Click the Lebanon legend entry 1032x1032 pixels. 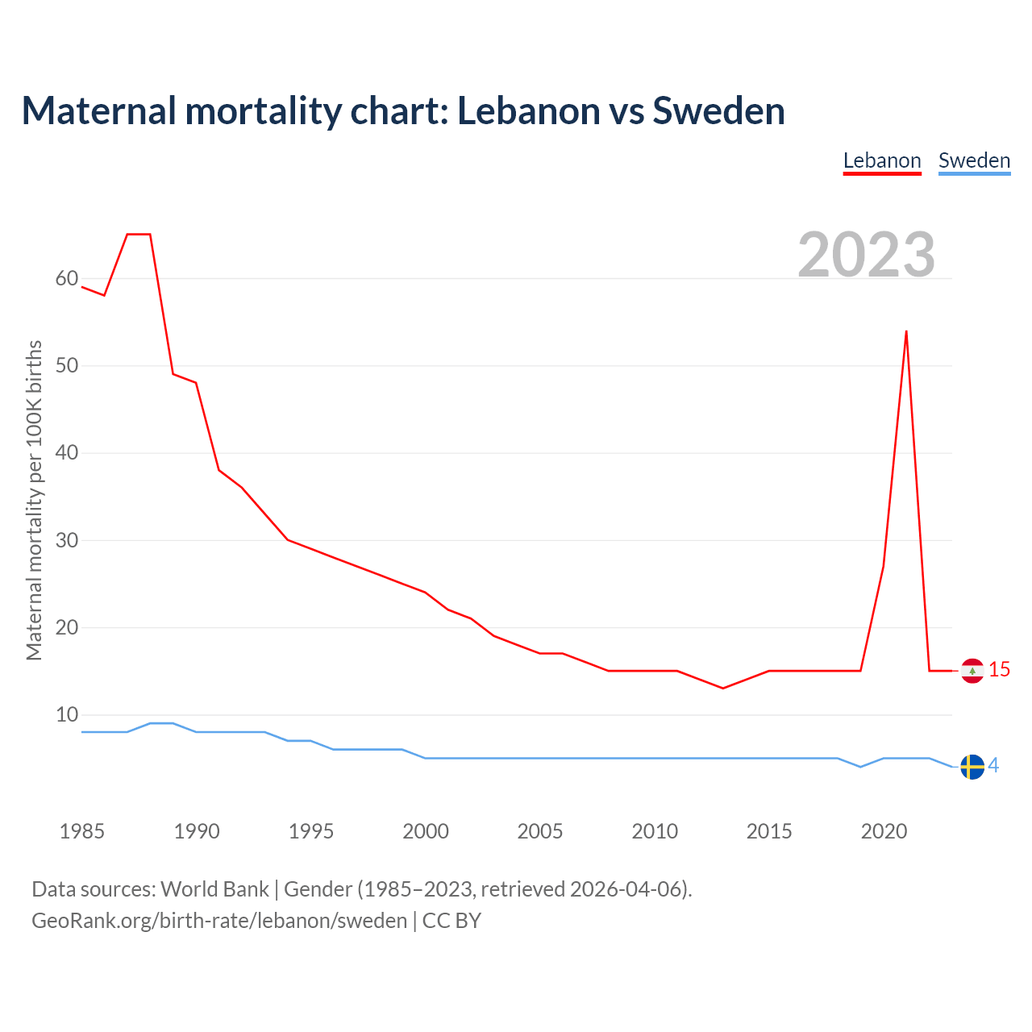tap(882, 160)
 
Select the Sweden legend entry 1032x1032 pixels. tap(974, 160)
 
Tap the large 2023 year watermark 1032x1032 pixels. tap(866, 254)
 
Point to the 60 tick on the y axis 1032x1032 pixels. tap(67, 279)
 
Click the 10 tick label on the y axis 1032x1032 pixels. tap(67, 715)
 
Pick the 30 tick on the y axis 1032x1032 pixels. tap(67, 540)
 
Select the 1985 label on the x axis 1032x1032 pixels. tap(82, 831)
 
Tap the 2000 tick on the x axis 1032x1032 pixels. tap(426, 831)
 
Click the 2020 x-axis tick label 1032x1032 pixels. tap(884, 831)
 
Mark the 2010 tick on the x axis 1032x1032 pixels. tap(655, 831)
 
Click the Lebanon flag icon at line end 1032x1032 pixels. tap(972, 671)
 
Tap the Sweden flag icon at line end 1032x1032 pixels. tap(972, 767)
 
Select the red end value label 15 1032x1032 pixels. tap(999, 670)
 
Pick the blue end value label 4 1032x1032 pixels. tap(993, 766)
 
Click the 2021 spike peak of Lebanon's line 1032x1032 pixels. tap(906, 331)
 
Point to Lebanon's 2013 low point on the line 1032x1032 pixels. tap(723, 688)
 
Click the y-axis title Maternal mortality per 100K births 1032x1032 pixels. tap(34, 501)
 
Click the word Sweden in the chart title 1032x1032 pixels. tap(718, 110)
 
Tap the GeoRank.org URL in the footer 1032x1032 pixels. tap(219, 921)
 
